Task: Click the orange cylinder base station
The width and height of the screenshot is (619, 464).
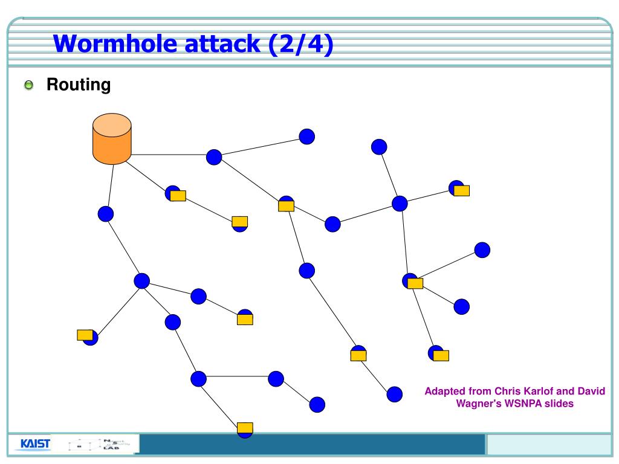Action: tap(112, 139)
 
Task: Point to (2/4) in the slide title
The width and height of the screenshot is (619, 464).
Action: tap(303, 44)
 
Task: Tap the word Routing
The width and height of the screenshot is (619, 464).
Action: tap(79, 85)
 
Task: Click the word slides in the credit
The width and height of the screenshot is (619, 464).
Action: tap(560, 403)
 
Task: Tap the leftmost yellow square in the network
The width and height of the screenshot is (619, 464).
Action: tap(85, 335)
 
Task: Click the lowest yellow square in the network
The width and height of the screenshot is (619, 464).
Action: tap(245, 428)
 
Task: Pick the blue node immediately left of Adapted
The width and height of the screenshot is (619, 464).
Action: tap(394, 395)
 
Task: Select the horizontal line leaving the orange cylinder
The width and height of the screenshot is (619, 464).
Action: tap(169, 155)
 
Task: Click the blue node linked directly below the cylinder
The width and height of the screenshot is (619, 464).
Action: tap(106, 214)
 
